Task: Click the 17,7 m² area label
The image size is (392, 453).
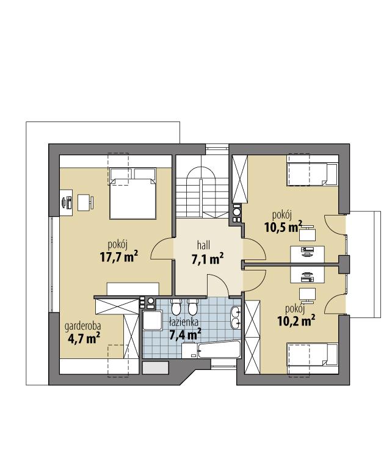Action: [x=118, y=256]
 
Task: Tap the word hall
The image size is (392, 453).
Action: [x=203, y=244]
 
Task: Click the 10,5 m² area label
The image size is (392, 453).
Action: [x=283, y=228]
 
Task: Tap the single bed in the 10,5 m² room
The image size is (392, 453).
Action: [x=312, y=174]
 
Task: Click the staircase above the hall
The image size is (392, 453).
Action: [x=201, y=189]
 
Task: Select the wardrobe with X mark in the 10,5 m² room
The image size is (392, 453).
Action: [x=239, y=179]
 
